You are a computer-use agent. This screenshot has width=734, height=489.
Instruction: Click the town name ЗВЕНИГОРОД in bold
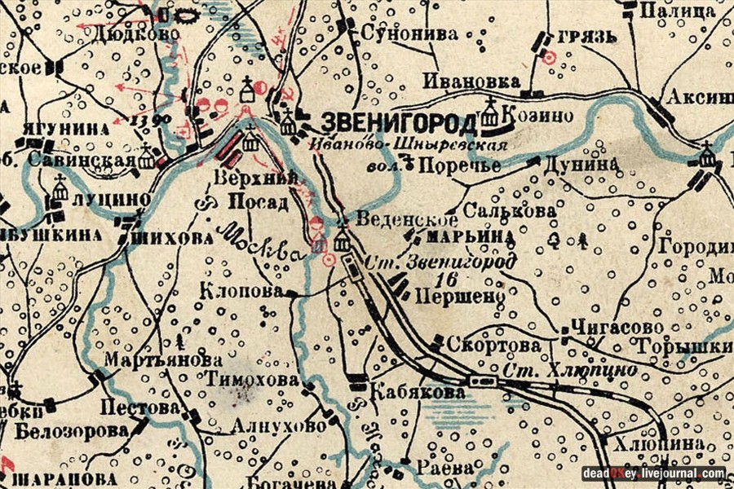[x=399, y=123]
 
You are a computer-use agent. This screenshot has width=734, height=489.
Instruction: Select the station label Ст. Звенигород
[x=441, y=262]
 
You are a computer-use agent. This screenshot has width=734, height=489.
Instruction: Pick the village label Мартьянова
[x=163, y=359]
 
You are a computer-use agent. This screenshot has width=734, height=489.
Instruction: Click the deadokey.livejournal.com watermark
[x=653, y=474]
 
